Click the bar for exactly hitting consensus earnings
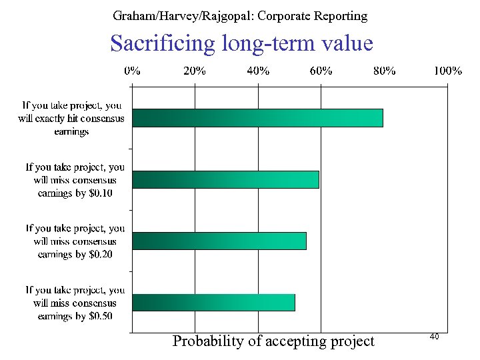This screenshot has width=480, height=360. [x=257, y=118]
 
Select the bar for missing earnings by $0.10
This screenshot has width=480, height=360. [x=225, y=179]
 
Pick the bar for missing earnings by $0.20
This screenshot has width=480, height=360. [x=219, y=241]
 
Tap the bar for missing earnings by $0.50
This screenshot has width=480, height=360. [x=213, y=302]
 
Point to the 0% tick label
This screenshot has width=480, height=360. [x=132, y=71]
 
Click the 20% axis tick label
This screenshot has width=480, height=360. [x=195, y=71]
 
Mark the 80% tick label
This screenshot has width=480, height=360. [x=385, y=71]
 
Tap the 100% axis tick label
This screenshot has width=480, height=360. [x=447, y=71]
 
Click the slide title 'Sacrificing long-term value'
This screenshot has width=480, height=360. [x=241, y=44]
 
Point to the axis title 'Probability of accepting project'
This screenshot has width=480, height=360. [x=273, y=341]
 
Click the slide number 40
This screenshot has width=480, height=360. [x=434, y=338]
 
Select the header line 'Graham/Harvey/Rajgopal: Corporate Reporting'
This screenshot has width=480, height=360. [x=240, y=15]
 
